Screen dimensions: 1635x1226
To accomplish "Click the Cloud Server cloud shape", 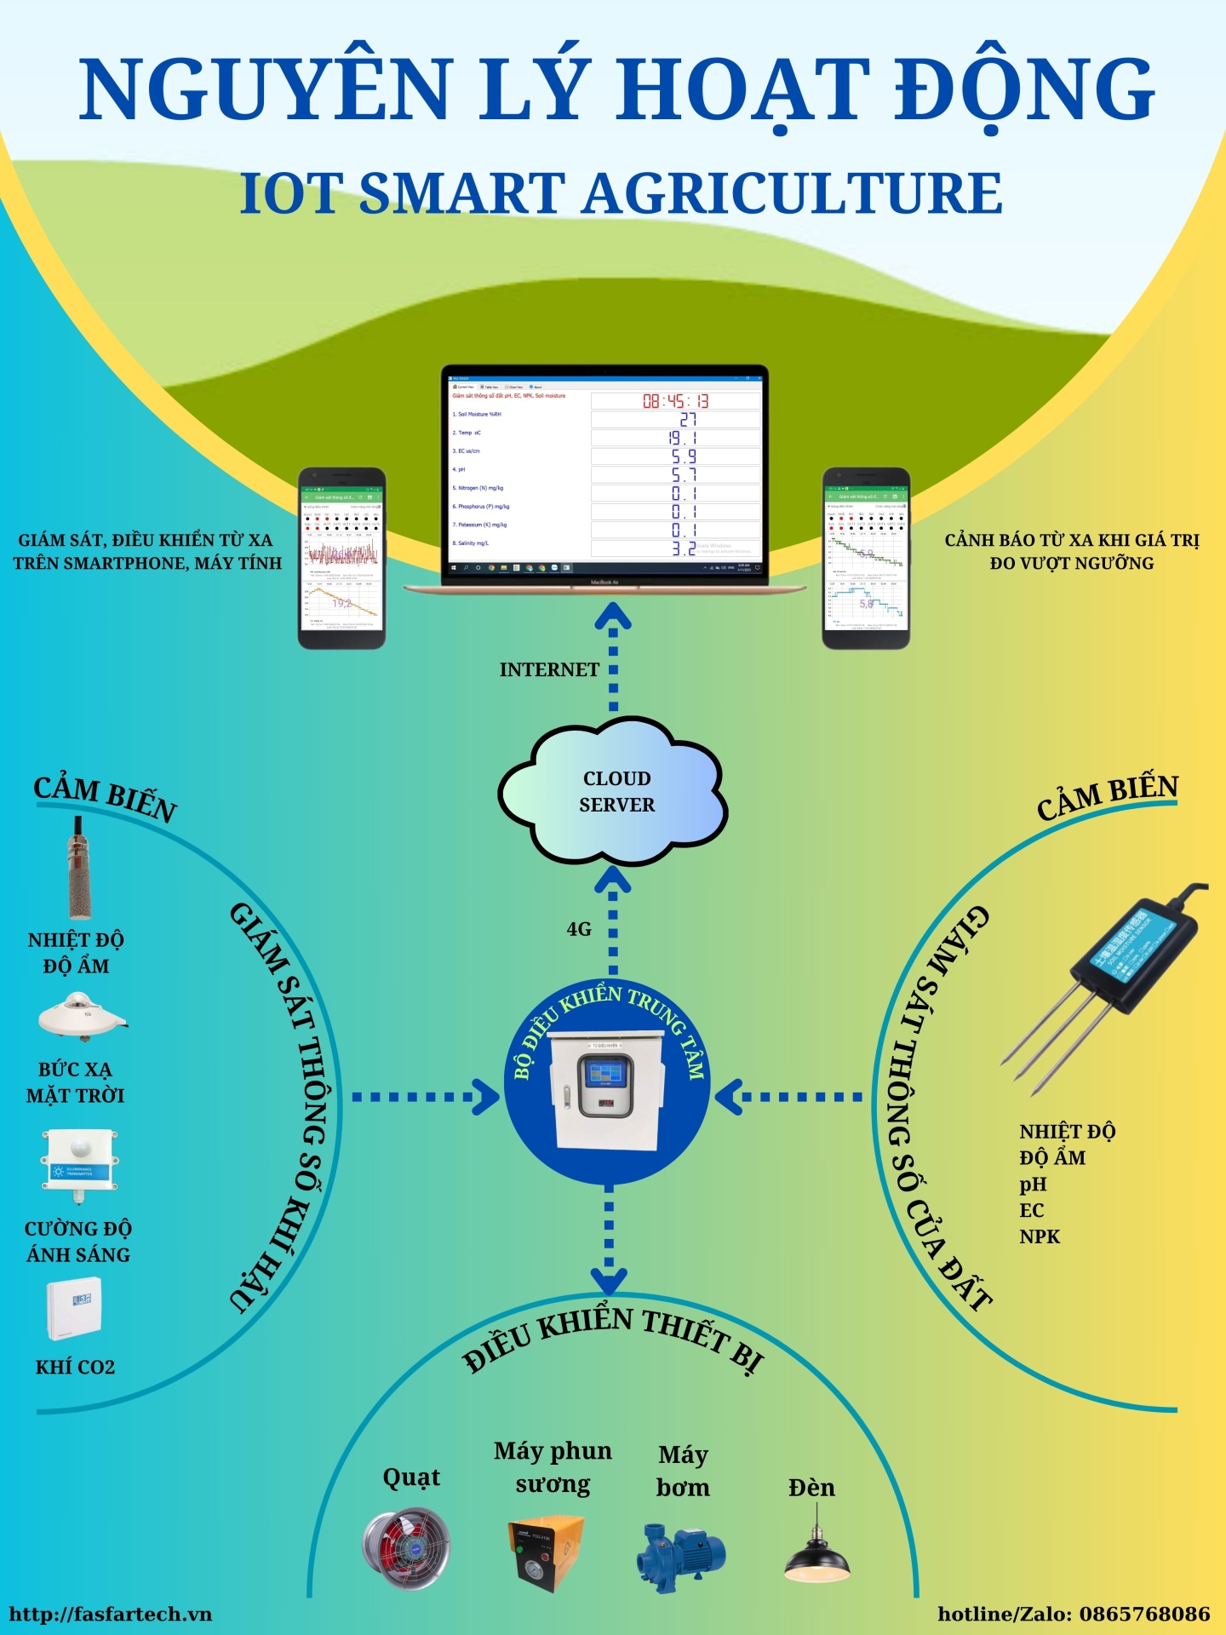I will [613, 791].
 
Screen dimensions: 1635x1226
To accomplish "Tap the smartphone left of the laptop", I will [341, 559].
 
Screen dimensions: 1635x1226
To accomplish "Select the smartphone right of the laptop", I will [866, 559].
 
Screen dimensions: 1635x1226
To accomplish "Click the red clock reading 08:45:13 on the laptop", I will [675, 401].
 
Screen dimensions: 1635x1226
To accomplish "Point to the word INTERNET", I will [549, 670].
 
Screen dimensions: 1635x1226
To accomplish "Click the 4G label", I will [579, 929].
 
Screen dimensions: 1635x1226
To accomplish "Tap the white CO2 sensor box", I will [74, 1308].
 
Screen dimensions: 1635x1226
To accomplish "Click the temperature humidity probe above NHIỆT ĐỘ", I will [79, 869].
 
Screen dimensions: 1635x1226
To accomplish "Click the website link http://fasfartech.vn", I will [111, 1615].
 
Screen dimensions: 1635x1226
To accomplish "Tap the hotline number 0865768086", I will [1144, 1615].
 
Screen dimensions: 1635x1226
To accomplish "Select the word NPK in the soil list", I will [1040, 1236].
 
